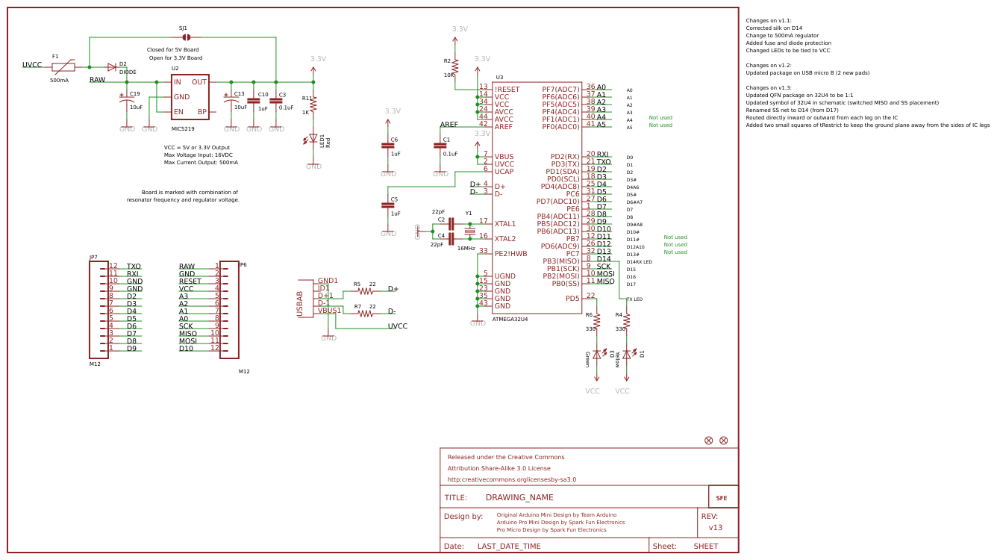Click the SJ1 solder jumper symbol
[x=187, y=37]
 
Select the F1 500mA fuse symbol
[x=63, y=66]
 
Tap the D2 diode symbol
[x=112, y=67]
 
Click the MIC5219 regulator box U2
[x=190, y=96]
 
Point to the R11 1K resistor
[x=313, y=105]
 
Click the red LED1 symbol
[x=313, y=139]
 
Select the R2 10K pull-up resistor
[x=454, y=67]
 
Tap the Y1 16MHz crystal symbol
[x=469, y=231]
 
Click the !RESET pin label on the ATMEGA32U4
[x=507, y=90]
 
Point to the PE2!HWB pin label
[x=510, y=254]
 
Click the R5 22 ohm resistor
[x=365, y=291]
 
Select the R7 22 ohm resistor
[x=365, y=314]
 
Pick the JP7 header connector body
[x=99, y=310]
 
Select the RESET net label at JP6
[x=190, y=281]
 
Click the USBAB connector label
[x=300, y=304]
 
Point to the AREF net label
[x=449, y=125]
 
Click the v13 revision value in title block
[x=715, y=527]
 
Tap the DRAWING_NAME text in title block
[x=519, y=497]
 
